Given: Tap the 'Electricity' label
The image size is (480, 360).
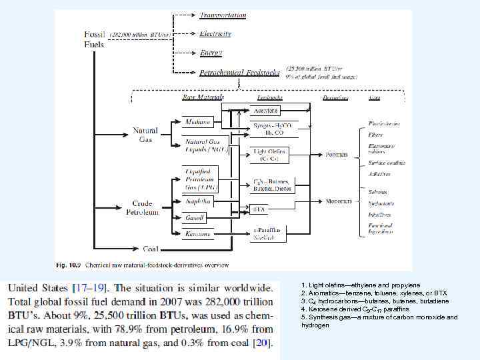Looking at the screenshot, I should (216, 33).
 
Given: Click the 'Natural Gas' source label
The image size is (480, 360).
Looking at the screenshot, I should (145, 135).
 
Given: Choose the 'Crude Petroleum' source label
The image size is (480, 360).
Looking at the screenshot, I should (143, 207).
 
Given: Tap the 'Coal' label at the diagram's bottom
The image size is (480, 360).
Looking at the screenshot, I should (151, 249).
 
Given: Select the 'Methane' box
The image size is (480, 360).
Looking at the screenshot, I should (198, 122).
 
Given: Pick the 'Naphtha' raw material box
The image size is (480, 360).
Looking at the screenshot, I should (198, 200).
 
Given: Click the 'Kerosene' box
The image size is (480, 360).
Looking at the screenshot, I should (198, 233).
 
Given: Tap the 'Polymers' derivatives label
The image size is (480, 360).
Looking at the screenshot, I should (336, 155).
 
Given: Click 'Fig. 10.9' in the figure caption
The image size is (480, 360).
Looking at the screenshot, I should (69, 265).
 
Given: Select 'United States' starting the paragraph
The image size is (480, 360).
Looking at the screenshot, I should (37, 288).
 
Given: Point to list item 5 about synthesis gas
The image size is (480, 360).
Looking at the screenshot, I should (379, 321).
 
